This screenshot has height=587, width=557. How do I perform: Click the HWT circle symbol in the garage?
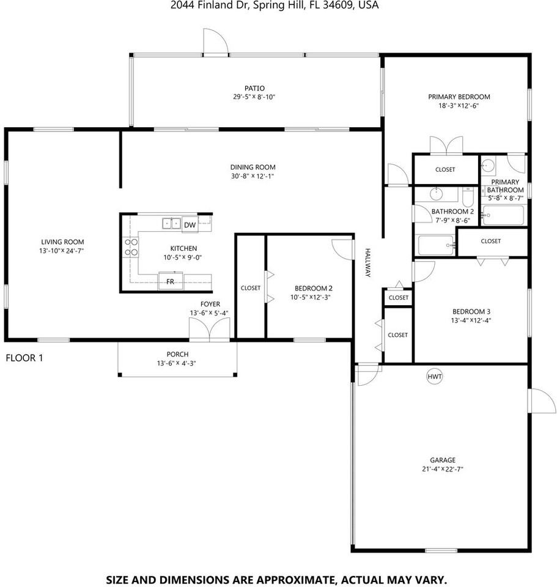(434, 377)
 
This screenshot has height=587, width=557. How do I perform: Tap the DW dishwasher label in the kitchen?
(190, 225)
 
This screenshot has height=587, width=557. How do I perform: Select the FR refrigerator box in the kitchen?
(171, 282)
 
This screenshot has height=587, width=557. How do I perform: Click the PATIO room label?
(255, 89)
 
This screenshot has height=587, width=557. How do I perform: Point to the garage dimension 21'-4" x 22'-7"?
(442, 470)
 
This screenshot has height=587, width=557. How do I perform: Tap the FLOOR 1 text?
(24, 358)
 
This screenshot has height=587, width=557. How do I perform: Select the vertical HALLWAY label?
(369, 263)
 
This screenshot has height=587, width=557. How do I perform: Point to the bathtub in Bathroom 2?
(436, 246)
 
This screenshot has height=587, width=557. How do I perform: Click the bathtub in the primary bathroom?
(503, 215)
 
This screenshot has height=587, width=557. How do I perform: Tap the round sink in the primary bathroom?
(488, 164)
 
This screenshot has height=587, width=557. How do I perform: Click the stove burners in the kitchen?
(131, 246)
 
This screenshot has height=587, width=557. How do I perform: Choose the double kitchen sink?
(171, 223)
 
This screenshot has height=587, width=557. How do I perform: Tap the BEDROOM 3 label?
(471, 311)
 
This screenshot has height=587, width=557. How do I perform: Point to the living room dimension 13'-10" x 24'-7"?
(62, 251)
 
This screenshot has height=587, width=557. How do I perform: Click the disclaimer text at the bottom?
(276, 578)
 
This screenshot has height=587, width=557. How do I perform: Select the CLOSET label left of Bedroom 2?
(250, 288)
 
